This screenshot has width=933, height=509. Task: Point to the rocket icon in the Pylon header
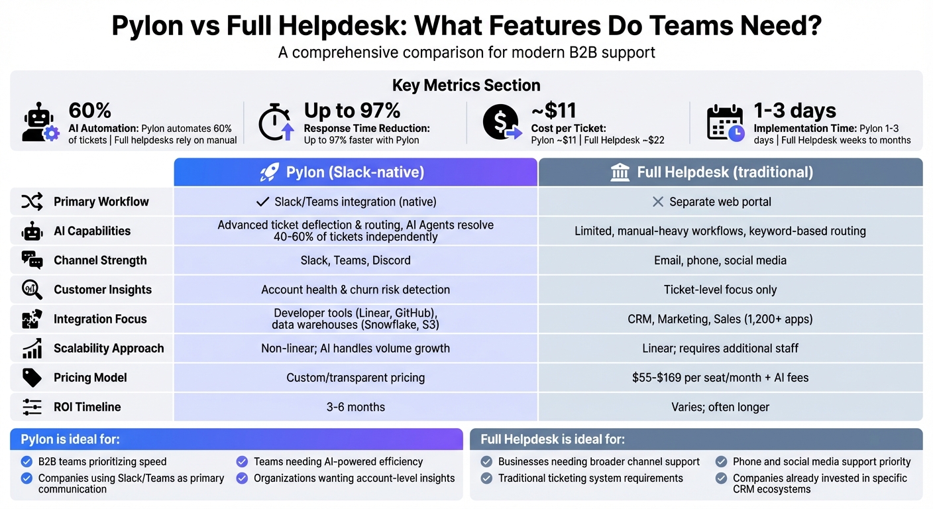269,173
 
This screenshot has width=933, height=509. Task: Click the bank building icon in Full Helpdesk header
620,173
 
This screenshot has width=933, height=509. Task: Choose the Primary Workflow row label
101,202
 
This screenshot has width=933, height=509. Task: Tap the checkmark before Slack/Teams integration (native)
262,201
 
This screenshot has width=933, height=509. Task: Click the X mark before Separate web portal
657,201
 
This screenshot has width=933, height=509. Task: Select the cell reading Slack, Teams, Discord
355,260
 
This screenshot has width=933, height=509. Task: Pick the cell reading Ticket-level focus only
720,290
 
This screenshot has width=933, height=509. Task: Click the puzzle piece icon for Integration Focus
32,319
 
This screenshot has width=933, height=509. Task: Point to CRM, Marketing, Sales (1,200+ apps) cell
720,319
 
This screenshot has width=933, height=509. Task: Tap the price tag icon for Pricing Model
32,378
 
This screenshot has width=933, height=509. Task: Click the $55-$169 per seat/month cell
720,378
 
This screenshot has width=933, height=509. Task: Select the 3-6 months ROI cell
355,407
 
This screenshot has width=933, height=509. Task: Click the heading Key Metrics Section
466,85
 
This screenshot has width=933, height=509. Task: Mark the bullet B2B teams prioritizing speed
102,462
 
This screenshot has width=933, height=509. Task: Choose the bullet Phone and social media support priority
821,462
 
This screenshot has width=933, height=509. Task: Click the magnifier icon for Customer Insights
32,290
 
